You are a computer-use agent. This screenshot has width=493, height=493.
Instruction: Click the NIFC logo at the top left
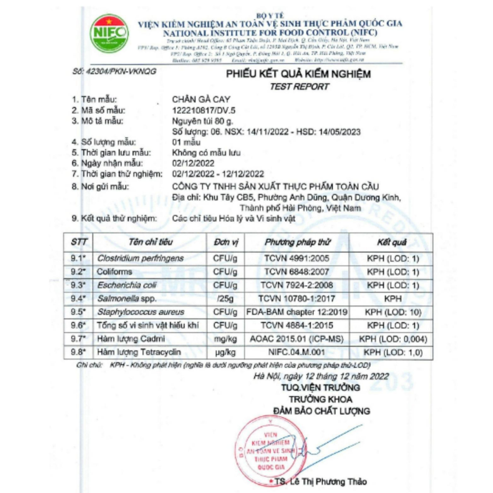109,33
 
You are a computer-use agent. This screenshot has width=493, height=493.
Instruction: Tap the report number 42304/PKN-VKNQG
114,71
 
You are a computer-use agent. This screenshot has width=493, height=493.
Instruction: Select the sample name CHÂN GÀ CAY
201,100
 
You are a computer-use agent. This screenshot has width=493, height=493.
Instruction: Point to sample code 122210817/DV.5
205,110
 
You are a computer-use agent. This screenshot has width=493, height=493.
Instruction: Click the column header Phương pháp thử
296,242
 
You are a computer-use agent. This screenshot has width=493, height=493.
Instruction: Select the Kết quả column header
392,242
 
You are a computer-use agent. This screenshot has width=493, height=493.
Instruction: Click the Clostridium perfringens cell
140,259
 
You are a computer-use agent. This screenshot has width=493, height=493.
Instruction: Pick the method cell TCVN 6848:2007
296,272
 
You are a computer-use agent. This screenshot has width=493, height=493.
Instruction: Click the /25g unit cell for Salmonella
225,299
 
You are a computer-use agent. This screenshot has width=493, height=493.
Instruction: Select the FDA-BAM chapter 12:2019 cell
296,312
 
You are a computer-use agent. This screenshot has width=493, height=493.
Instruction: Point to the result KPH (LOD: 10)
393,312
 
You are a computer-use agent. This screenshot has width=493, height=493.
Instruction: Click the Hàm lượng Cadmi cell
124,339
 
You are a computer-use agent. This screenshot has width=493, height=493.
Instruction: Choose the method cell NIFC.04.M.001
296,353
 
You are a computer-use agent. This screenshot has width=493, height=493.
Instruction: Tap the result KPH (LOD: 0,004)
393,339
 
